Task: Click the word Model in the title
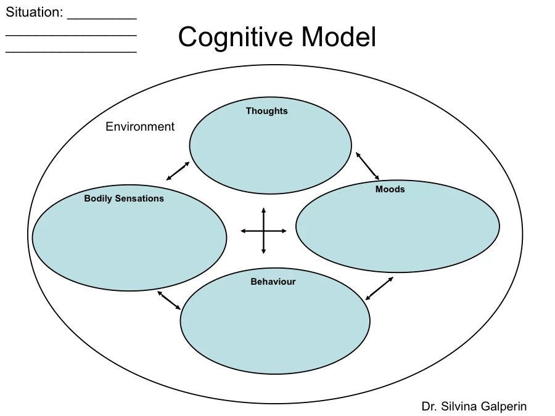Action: pos(339,38)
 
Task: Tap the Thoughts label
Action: pos(266,111)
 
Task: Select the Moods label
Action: pos(390,189)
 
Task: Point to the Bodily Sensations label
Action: pos(124,198)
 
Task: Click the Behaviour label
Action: pos(273,282)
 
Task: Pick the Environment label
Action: pos(140,127)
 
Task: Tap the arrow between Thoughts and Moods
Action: pos(367,165)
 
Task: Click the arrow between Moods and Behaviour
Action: pos(379,288)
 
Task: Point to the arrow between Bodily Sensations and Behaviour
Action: pos(169,300)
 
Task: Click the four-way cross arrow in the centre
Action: pos(263,231)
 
